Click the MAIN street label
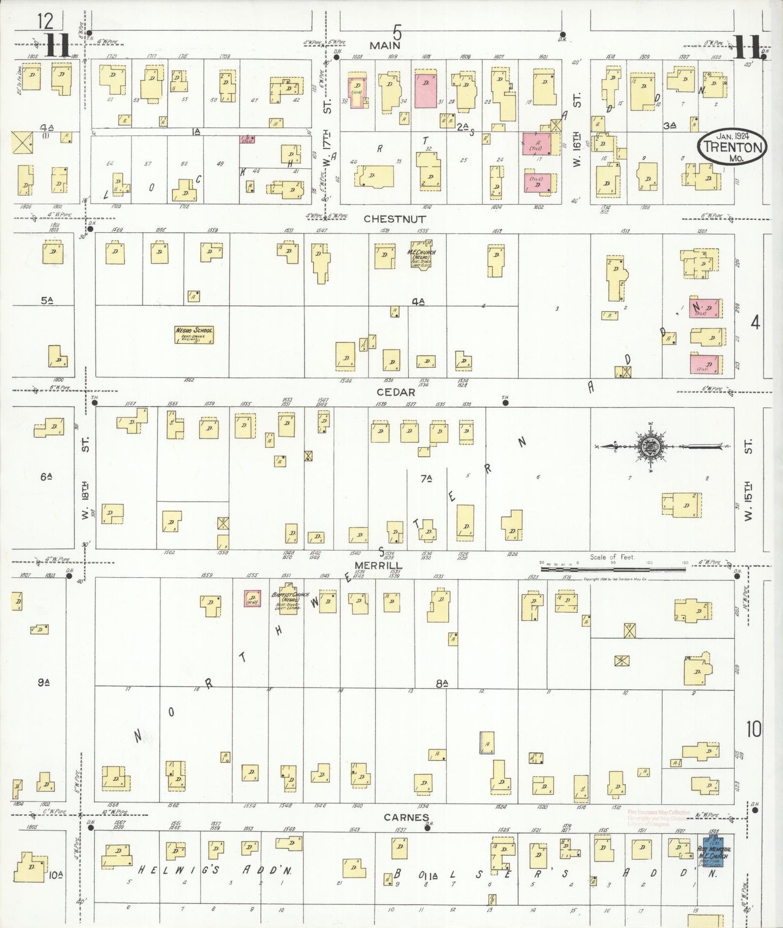pos(385,45)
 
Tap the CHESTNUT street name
pos(394,219)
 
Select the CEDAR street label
pos(396,392)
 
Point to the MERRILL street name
pos(385,565)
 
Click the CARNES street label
pos(406,818)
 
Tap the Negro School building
pos(194,335)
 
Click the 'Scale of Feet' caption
pos(612,557)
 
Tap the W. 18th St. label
pos(85,482)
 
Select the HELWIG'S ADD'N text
pos(215,871)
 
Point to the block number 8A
pos(442,684)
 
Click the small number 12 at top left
pos(46,22)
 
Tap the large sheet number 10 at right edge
pos(753,729)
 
